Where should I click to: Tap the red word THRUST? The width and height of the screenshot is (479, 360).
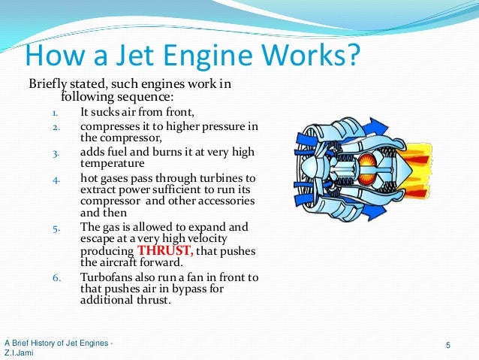click(x=166, y=251)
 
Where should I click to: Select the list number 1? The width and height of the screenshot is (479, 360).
click(x=55, y=114)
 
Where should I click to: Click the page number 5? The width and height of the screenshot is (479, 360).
click(x=447, y=346)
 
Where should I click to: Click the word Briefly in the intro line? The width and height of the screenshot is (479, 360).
click(x=48, y=83)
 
